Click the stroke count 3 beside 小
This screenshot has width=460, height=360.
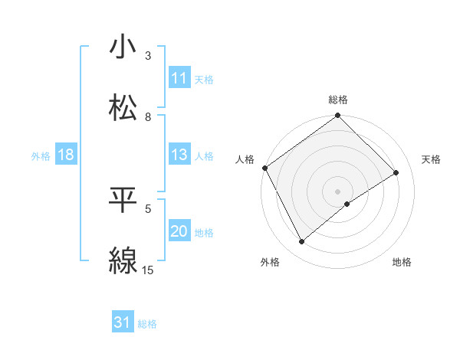tap(148, 56)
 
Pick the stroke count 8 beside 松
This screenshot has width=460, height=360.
tap(148, 117)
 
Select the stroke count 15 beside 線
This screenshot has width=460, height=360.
tap(148, 270)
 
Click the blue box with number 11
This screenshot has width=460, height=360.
tap(179, 78)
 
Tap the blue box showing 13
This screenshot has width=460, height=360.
tap(179, 155)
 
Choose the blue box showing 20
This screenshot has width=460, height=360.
tap(179, 231)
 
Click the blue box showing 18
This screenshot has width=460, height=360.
tap(66, 155)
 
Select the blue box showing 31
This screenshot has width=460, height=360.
tap(123, 323)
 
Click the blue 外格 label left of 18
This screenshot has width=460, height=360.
tap(41, 156)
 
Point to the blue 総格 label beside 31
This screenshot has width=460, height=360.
tap(147, 324)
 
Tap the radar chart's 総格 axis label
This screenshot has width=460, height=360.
tap(338, 100)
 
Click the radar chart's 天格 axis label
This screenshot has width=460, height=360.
tap(432, 159)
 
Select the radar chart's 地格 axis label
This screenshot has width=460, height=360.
tap(402, 263)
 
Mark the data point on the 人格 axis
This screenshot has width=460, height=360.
tap(264, 168)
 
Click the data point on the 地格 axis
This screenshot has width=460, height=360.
tap(347, 204)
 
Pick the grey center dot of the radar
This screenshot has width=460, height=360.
tap(338, 191)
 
